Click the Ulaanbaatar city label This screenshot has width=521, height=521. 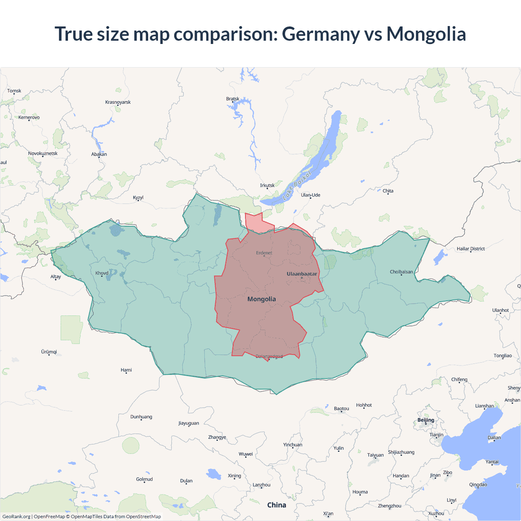(302, 274)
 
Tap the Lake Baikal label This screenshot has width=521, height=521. (297, 185)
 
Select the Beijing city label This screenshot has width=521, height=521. (426, 420)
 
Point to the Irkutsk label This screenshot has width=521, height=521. (267, 186)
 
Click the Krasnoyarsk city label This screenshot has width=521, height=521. (118, 102)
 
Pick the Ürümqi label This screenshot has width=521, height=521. (49, 352)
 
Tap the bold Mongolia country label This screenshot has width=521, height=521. (262, 299)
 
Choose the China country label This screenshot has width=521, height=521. (277, 505)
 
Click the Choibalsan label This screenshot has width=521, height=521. (401, 272)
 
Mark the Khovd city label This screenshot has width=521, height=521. (102, 273)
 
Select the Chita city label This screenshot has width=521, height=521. (388, 191)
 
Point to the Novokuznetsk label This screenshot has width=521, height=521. (43, 153)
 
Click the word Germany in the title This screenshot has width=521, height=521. (321, 34)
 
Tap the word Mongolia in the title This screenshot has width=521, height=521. (426, 34)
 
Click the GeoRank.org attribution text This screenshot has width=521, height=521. (16, 517)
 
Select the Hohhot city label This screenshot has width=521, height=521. (364, 405)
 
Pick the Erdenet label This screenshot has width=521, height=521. (264, 253)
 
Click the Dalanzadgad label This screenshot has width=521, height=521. (269, 357)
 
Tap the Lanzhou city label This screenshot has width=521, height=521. (261, 485)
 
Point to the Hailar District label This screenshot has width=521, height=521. (471, 249)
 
